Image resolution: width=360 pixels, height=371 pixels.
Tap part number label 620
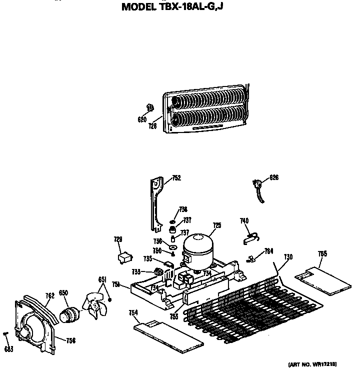click(x=141, y=119)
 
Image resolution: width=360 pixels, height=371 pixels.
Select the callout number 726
click(x=152, y=126)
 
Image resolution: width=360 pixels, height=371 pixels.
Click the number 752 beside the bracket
click(x=176, y=177)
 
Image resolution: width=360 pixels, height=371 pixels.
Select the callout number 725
click(x=216, y=225)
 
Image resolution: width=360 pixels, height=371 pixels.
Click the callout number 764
click(x=268, y=251)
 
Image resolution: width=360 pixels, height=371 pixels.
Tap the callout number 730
click(x=288, y=257)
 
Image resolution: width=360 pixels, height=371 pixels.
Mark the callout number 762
click(x=49, y=295)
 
